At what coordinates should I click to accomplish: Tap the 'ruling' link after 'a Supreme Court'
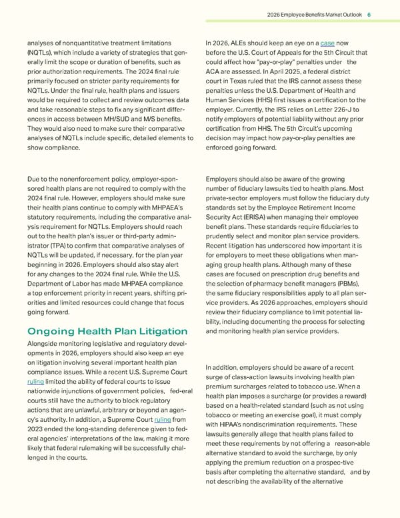163,420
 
